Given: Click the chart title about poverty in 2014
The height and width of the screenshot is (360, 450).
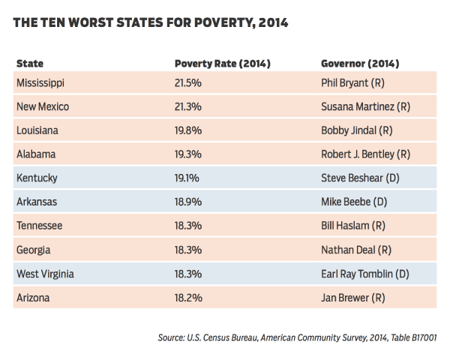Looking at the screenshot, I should point(151,24).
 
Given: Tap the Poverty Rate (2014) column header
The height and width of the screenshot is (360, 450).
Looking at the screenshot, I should point(222,64).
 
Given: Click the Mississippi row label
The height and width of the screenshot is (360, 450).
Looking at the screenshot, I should point(40,82).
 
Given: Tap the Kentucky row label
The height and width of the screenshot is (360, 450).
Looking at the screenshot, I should point(37,178).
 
